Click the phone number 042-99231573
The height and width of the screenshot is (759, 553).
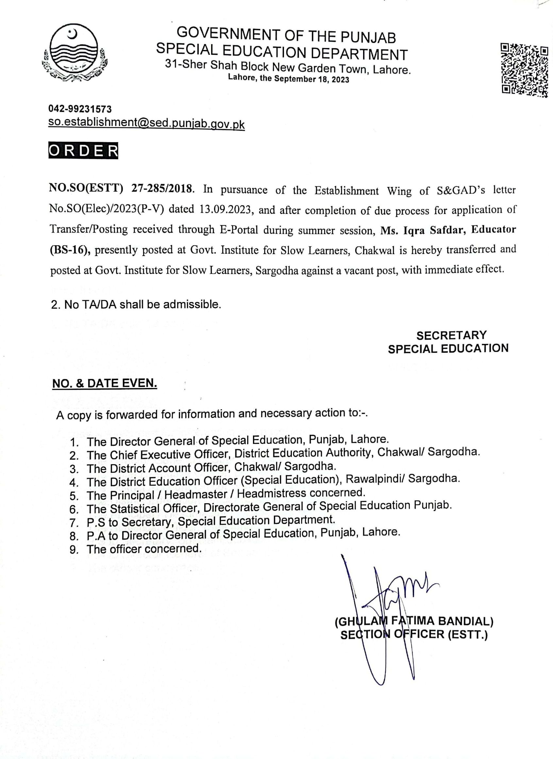tap(80, 109)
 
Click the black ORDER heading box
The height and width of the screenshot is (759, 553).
tap(83, 151)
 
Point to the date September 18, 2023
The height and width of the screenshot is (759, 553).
tap(311, 79)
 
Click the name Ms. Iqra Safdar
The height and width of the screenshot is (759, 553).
tap(423, 230)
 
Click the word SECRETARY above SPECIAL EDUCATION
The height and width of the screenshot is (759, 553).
tap(451, 335)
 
